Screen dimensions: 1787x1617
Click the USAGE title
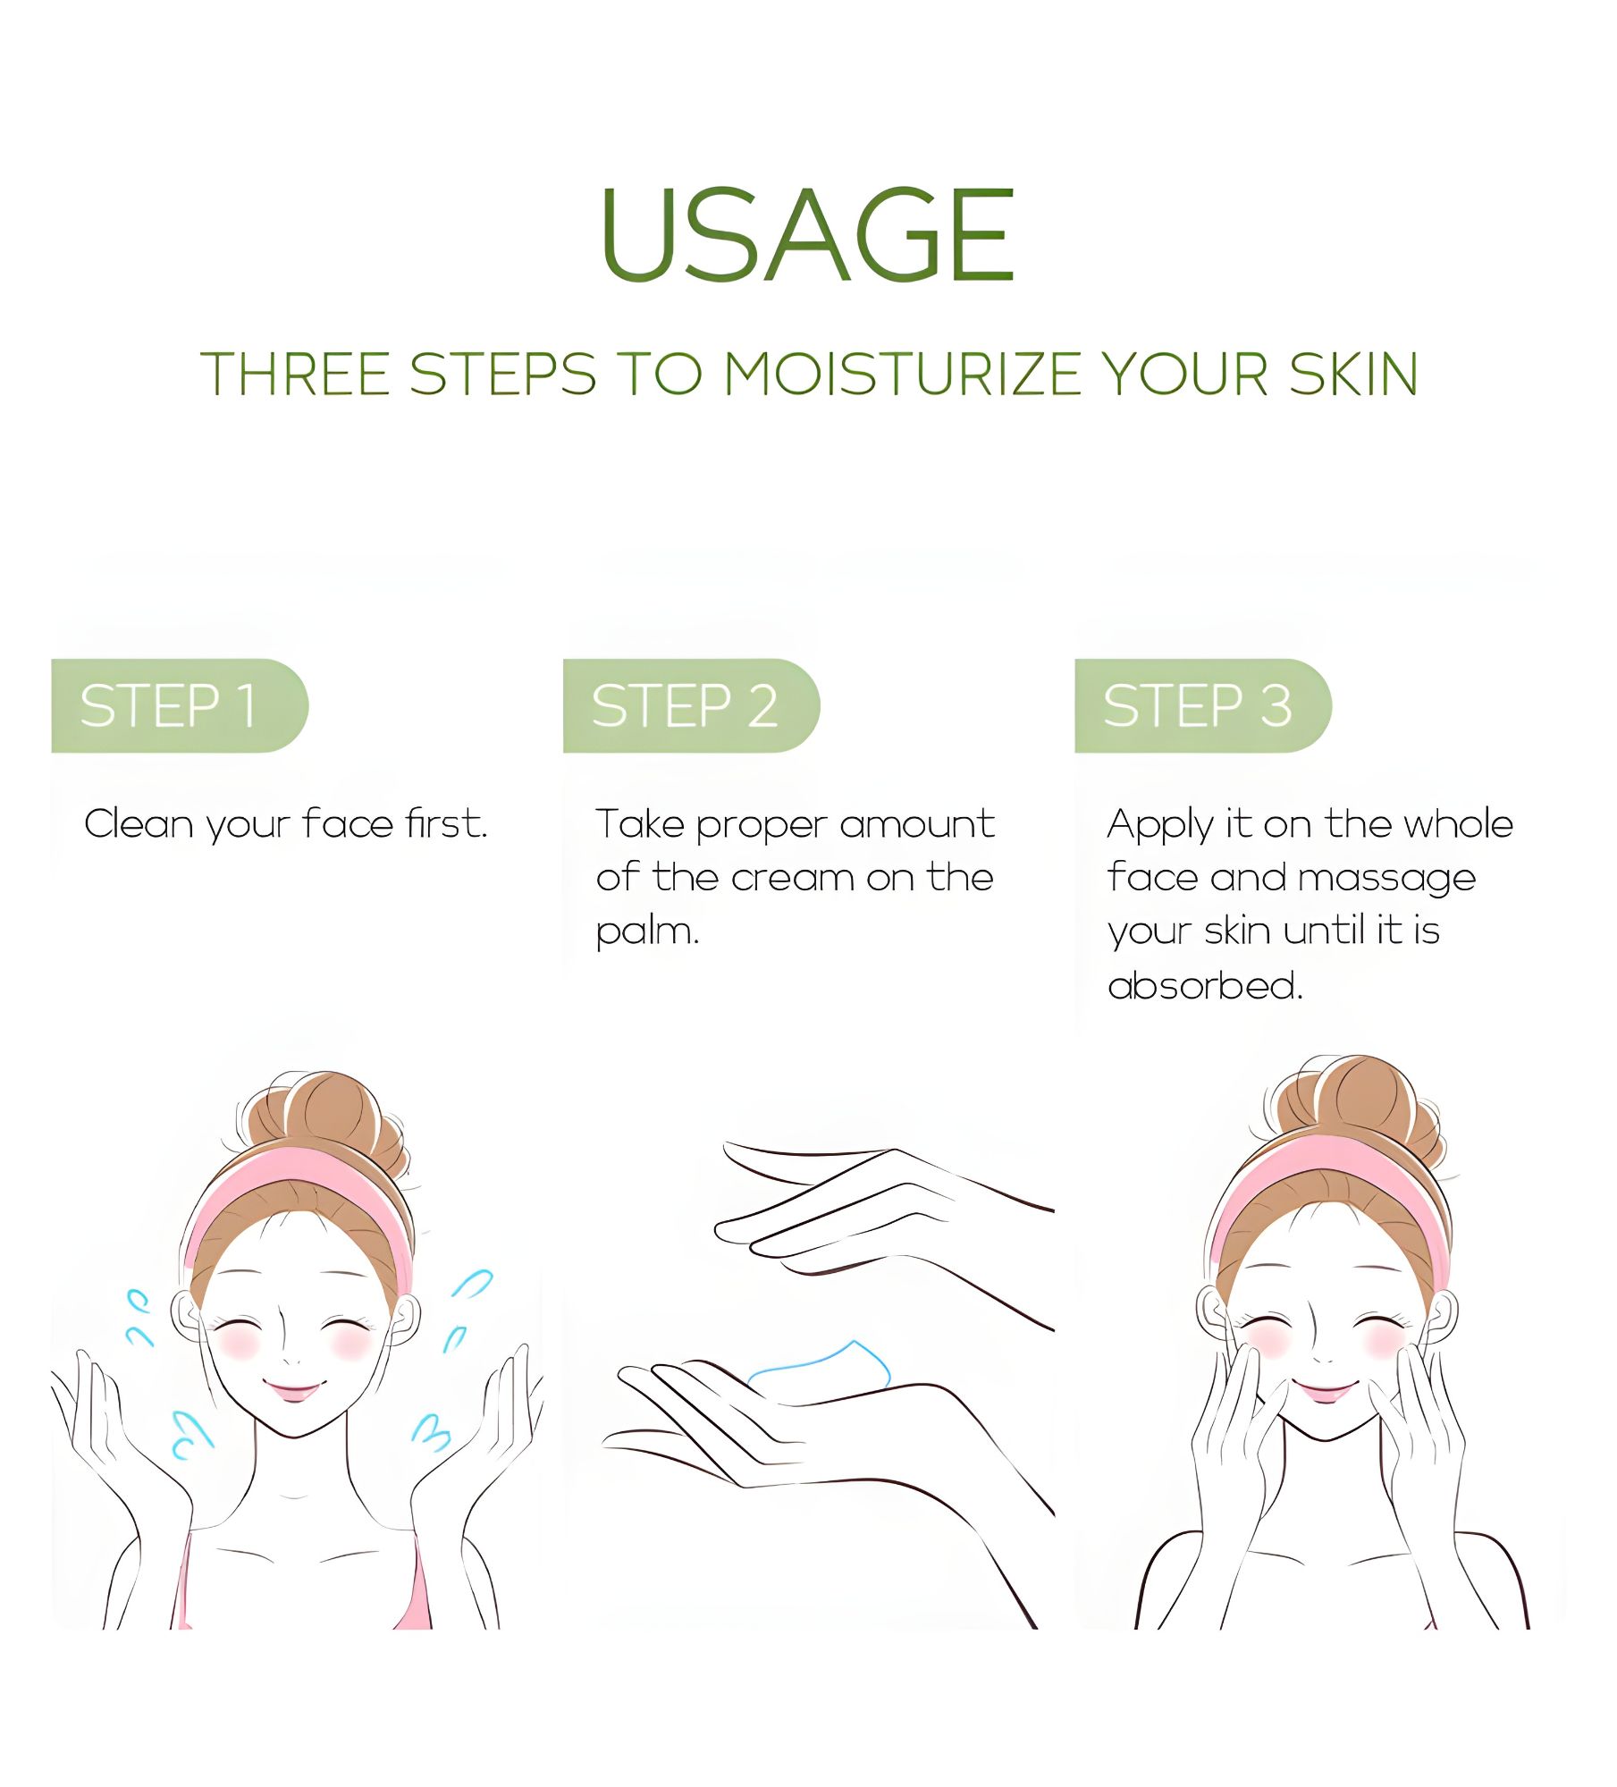(807, 235)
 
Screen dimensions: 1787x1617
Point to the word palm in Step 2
(645, 932)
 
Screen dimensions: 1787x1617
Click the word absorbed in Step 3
(1204, 986)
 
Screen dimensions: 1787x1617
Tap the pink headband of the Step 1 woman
(295, 1184)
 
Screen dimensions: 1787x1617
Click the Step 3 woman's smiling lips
(1324, 1392)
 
